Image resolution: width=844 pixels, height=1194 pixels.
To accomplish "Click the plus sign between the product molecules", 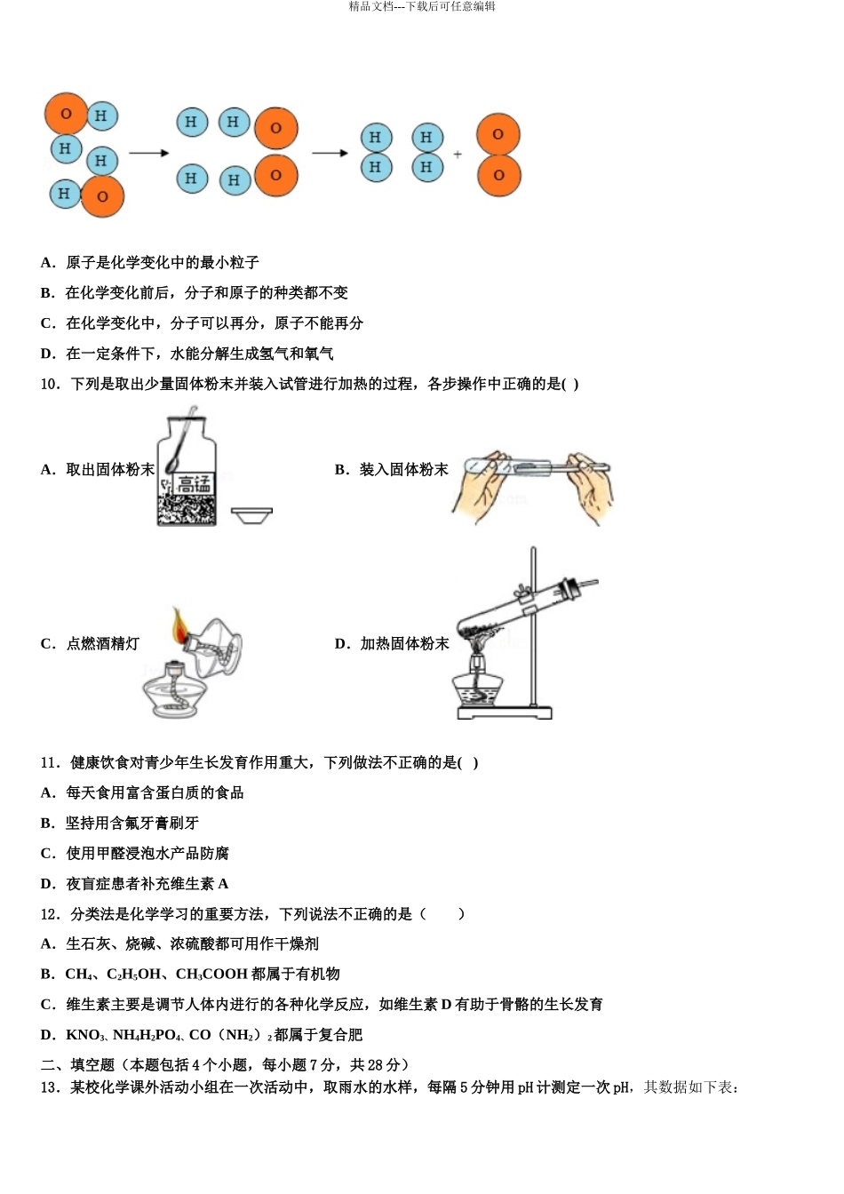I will click(x=458, y=155).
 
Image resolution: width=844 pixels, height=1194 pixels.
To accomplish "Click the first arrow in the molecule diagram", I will click(x=148, y=154).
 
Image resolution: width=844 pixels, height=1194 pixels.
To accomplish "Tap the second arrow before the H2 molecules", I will click(x=330, y=154).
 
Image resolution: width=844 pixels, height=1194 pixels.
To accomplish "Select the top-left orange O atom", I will click(x=66, y=114).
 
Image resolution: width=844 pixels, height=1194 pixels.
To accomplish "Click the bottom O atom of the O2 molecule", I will click(x=498, y=175).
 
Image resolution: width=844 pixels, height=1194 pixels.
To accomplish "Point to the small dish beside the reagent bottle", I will click(x=251, y=514).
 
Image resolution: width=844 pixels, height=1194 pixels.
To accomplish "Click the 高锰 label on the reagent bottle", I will click(x=193, y=484).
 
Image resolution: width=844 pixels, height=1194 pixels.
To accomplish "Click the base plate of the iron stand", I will click(x=504, y=712).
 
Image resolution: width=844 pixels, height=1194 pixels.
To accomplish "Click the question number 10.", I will click(x=50, y=384).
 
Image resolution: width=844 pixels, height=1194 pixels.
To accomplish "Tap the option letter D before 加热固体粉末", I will click(x=342, y=644).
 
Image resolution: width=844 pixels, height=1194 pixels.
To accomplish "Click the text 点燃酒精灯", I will click(x=103, y=644).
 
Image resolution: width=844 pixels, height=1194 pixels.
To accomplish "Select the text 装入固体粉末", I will click(x=403, y=470).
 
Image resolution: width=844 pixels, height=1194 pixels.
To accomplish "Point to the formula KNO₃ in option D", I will click(x=84, y=1035).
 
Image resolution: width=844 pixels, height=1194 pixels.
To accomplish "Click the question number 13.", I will click(x=50, y=1087).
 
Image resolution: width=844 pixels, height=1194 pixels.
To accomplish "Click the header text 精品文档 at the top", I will click(x=370, y=6).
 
